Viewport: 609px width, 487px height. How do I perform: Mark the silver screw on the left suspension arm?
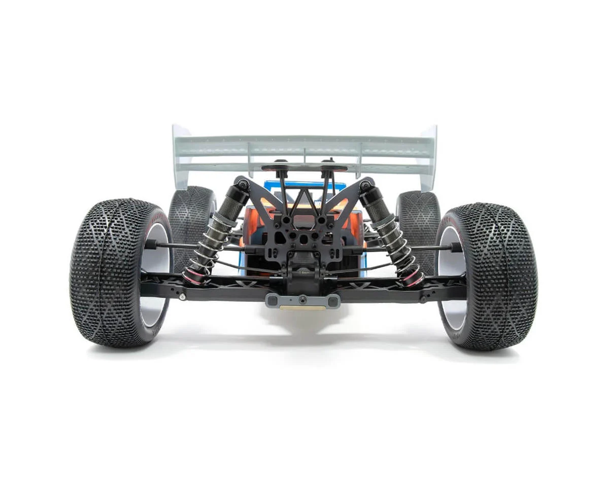tap(182, 297)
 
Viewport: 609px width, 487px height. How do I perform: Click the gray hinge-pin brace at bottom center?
tap(302, 300)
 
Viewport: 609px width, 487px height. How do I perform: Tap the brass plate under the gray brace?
tap(301, 307)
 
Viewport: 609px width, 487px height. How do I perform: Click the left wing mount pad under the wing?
tap(278, 167)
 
